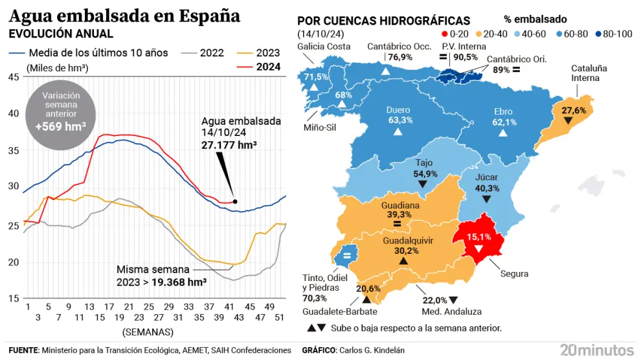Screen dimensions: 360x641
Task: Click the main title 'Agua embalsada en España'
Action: pos(124,16)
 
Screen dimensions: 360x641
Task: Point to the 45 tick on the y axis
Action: pos(13,78)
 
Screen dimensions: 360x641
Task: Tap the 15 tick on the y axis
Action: pos(13,298)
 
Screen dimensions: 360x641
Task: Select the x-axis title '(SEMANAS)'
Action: pos(148,332)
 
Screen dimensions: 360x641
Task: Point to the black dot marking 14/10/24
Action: pos(235,201)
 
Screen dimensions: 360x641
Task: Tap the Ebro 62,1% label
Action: pos(504,117)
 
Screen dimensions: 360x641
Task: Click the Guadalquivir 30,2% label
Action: pos(403,246)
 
